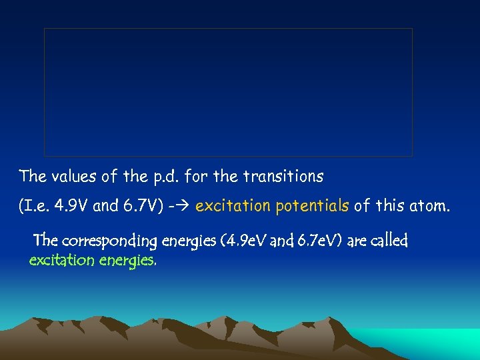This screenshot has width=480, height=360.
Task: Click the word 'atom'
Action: click(x=429, y=207)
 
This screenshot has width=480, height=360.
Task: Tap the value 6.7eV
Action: click(x=311, y=239)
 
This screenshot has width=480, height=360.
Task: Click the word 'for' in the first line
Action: click(x=195, y=177)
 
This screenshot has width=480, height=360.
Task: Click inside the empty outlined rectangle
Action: click(x=228, y=92)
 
